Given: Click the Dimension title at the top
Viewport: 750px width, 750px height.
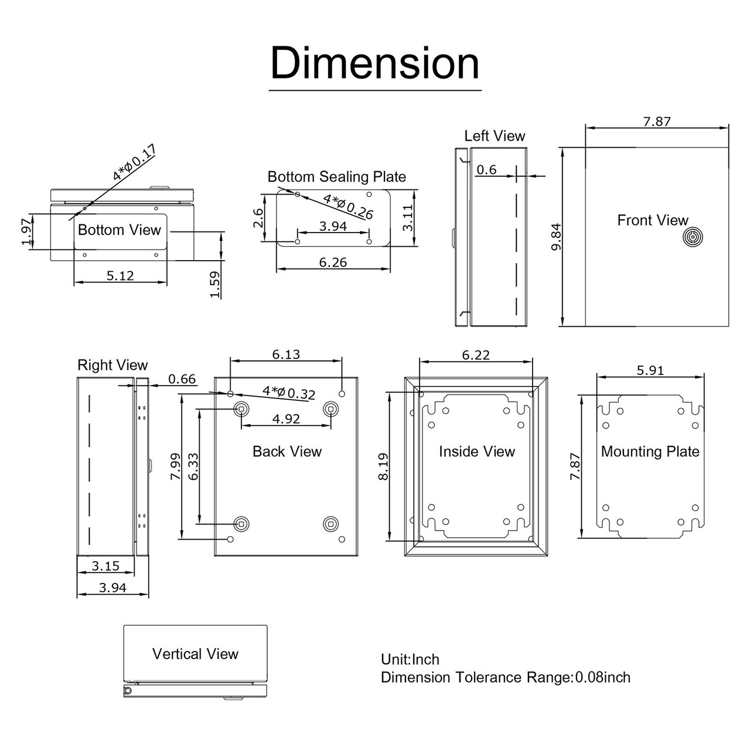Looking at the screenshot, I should click(375, 63).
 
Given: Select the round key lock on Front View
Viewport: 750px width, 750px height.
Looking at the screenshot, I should click(692, 238).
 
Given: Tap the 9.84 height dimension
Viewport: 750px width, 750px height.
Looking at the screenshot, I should click(557, 236).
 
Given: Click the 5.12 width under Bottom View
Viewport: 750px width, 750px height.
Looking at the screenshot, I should click(120, 275).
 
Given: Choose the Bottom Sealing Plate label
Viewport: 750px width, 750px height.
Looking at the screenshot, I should click(336, 177).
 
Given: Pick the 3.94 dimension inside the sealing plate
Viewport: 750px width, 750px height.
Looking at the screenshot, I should click(333, 226).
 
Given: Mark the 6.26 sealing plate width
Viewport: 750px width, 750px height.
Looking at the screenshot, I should click(333, 262).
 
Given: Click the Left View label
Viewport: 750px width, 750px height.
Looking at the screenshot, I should click(495, 136).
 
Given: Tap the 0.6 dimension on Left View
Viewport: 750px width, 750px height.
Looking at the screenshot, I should click(486, 170).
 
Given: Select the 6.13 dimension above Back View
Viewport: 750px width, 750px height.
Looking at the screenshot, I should click(286, 354).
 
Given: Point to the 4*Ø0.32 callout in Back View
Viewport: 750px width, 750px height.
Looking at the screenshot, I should click(289, 393).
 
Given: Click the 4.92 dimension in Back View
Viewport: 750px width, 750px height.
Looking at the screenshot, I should click(286, 419).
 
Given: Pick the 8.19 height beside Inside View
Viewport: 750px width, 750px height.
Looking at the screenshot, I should click(384, 466).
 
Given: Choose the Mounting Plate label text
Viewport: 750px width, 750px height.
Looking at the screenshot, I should click(650, 452).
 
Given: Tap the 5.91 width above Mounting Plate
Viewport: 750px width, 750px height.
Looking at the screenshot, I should click(650, 370).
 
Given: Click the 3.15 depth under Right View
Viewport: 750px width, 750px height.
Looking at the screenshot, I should click(105, 566).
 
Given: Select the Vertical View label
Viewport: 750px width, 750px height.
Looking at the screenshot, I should click(195, 654).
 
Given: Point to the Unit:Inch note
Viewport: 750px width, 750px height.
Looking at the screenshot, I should click(410, 660).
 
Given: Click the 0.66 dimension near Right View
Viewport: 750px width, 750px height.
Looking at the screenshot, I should click(182, 379).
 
